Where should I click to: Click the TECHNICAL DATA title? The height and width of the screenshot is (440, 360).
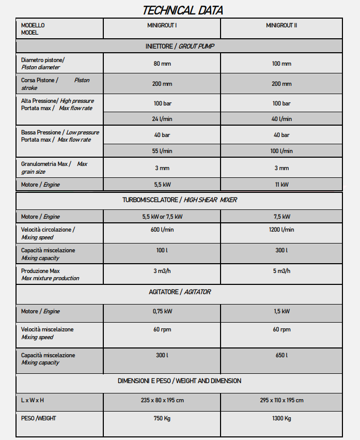click(x=182, y=10)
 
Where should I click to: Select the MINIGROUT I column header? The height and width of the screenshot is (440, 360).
click(x=162, y=25)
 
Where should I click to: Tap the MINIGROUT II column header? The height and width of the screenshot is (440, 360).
click(x=281, y=25)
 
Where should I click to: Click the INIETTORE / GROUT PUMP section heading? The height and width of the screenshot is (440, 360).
click(x=179, y=47)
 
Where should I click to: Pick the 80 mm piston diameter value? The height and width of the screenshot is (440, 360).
click(x=162, y=64)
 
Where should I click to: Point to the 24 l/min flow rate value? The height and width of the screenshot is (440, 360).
click(x=162, y=119)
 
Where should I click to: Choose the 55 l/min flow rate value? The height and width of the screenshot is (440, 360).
click(x=162, y=151)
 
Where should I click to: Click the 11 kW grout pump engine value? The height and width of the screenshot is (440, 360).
click(x=281, y=185)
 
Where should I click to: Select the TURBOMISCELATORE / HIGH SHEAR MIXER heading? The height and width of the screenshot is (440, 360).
click(x=179, y=200)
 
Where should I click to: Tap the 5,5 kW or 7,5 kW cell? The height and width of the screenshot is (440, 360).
click(x=162, y=217)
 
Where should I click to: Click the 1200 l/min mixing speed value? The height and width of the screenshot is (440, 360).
click(x=281, y=230)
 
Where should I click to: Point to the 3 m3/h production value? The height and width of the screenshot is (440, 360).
click(x=162, y=271)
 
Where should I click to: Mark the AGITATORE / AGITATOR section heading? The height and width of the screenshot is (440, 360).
click(x=179, y=292)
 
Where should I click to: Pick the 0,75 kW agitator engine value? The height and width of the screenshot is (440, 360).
click(x=162, y=312)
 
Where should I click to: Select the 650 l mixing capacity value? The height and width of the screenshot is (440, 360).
click(x=281, y=355)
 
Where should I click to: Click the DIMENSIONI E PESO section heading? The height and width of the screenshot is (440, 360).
click(x=179, y=381)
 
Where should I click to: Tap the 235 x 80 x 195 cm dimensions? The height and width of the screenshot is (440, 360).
click(x=162, y=400)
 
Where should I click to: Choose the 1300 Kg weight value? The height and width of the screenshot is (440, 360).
click(x=281, y=418)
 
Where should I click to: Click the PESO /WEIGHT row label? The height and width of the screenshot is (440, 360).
click(x=39, y=418)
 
